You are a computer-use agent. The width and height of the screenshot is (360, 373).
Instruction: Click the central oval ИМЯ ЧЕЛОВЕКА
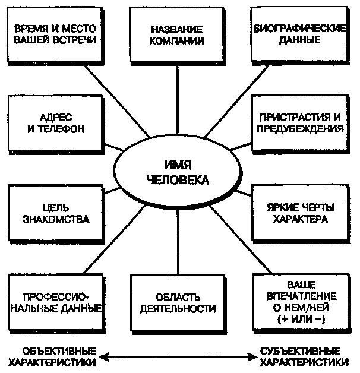tap(178, 171)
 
